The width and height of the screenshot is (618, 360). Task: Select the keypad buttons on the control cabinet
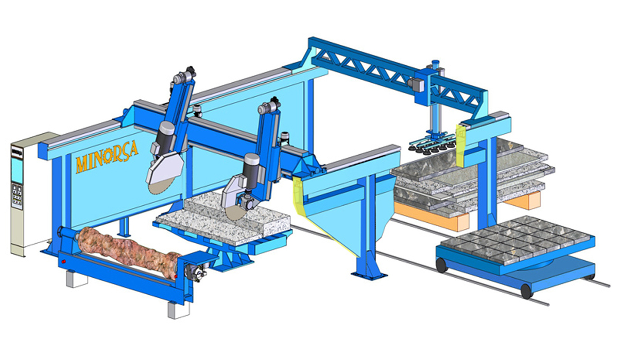[x=17, y=196]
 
